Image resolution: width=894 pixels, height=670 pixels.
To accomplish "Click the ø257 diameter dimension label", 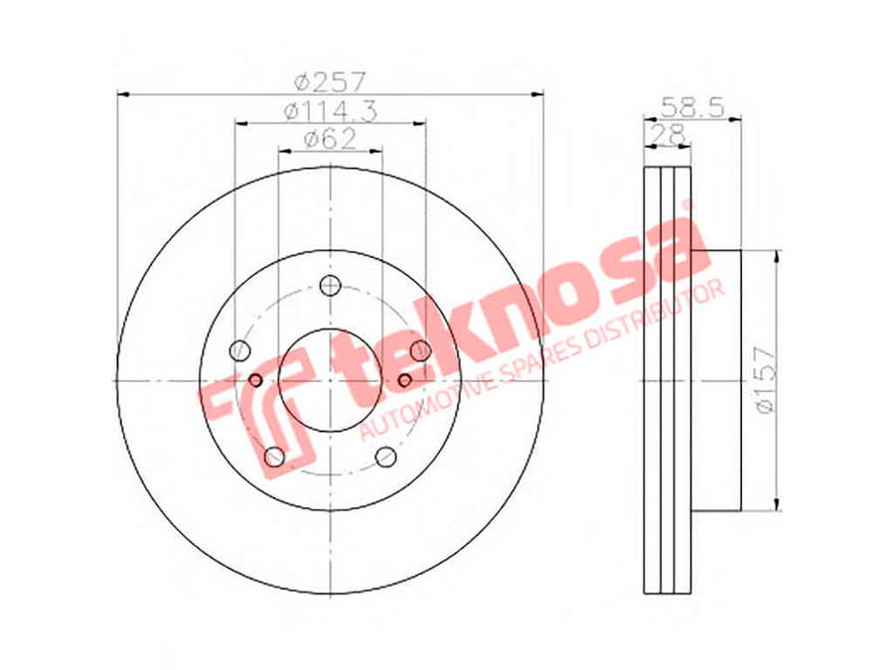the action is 330,82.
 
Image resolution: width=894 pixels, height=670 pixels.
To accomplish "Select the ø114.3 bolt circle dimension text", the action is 331,111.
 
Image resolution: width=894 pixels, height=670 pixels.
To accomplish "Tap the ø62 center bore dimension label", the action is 330,139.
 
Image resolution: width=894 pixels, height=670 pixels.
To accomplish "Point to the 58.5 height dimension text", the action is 692,106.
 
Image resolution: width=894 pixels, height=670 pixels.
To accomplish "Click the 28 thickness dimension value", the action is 668,134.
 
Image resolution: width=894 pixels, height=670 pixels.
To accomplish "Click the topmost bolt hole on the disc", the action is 330,285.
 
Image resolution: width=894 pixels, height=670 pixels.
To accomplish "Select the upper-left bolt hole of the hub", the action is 240,349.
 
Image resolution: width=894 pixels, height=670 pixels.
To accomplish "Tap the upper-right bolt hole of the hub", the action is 421,349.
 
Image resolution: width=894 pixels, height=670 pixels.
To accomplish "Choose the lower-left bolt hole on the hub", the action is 275,457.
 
